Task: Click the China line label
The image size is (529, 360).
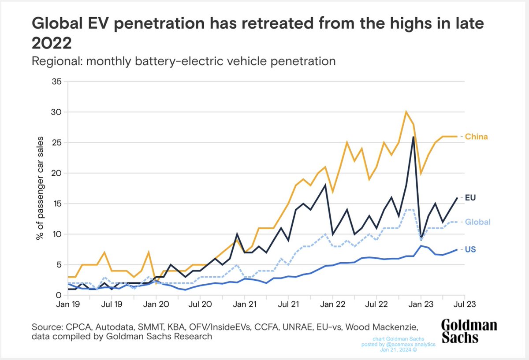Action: coord(477,137)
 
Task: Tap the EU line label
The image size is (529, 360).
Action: coord(470,198)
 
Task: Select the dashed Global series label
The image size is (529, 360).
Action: coord(478,222)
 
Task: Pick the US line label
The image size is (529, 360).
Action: coord(470,249)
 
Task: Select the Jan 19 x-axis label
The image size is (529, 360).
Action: coord(68,304)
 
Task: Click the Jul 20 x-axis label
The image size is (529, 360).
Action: coord(200,304)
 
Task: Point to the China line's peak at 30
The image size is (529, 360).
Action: coord(406,112)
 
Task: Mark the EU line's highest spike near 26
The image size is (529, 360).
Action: coord(413,137)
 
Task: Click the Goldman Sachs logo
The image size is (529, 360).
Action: coord(469,331)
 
